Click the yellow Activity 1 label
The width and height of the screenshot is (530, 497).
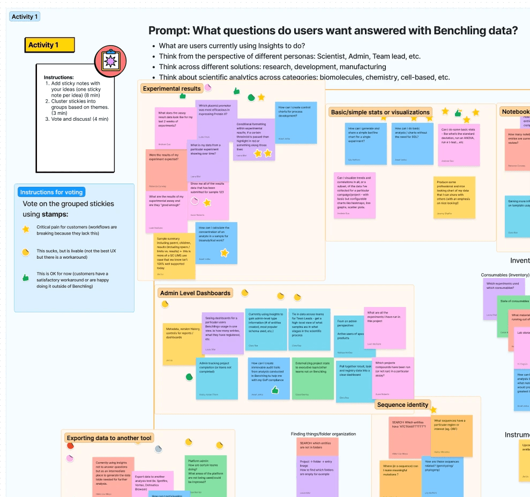49,45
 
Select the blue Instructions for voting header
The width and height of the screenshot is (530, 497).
51,192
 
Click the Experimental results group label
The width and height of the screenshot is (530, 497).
172,89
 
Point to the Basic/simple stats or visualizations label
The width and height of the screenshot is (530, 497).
380,112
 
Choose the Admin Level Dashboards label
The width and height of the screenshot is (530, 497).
195,293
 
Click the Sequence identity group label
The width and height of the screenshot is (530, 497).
403,405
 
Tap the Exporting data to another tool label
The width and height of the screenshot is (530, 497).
110,438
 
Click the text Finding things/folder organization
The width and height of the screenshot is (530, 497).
323,434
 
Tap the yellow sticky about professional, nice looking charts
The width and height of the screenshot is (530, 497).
454,197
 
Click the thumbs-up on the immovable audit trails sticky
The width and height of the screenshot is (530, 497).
275,390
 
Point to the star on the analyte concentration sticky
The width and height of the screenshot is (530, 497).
225,252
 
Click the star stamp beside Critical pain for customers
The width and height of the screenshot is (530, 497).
25,229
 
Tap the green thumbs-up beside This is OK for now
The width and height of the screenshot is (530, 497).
25,278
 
